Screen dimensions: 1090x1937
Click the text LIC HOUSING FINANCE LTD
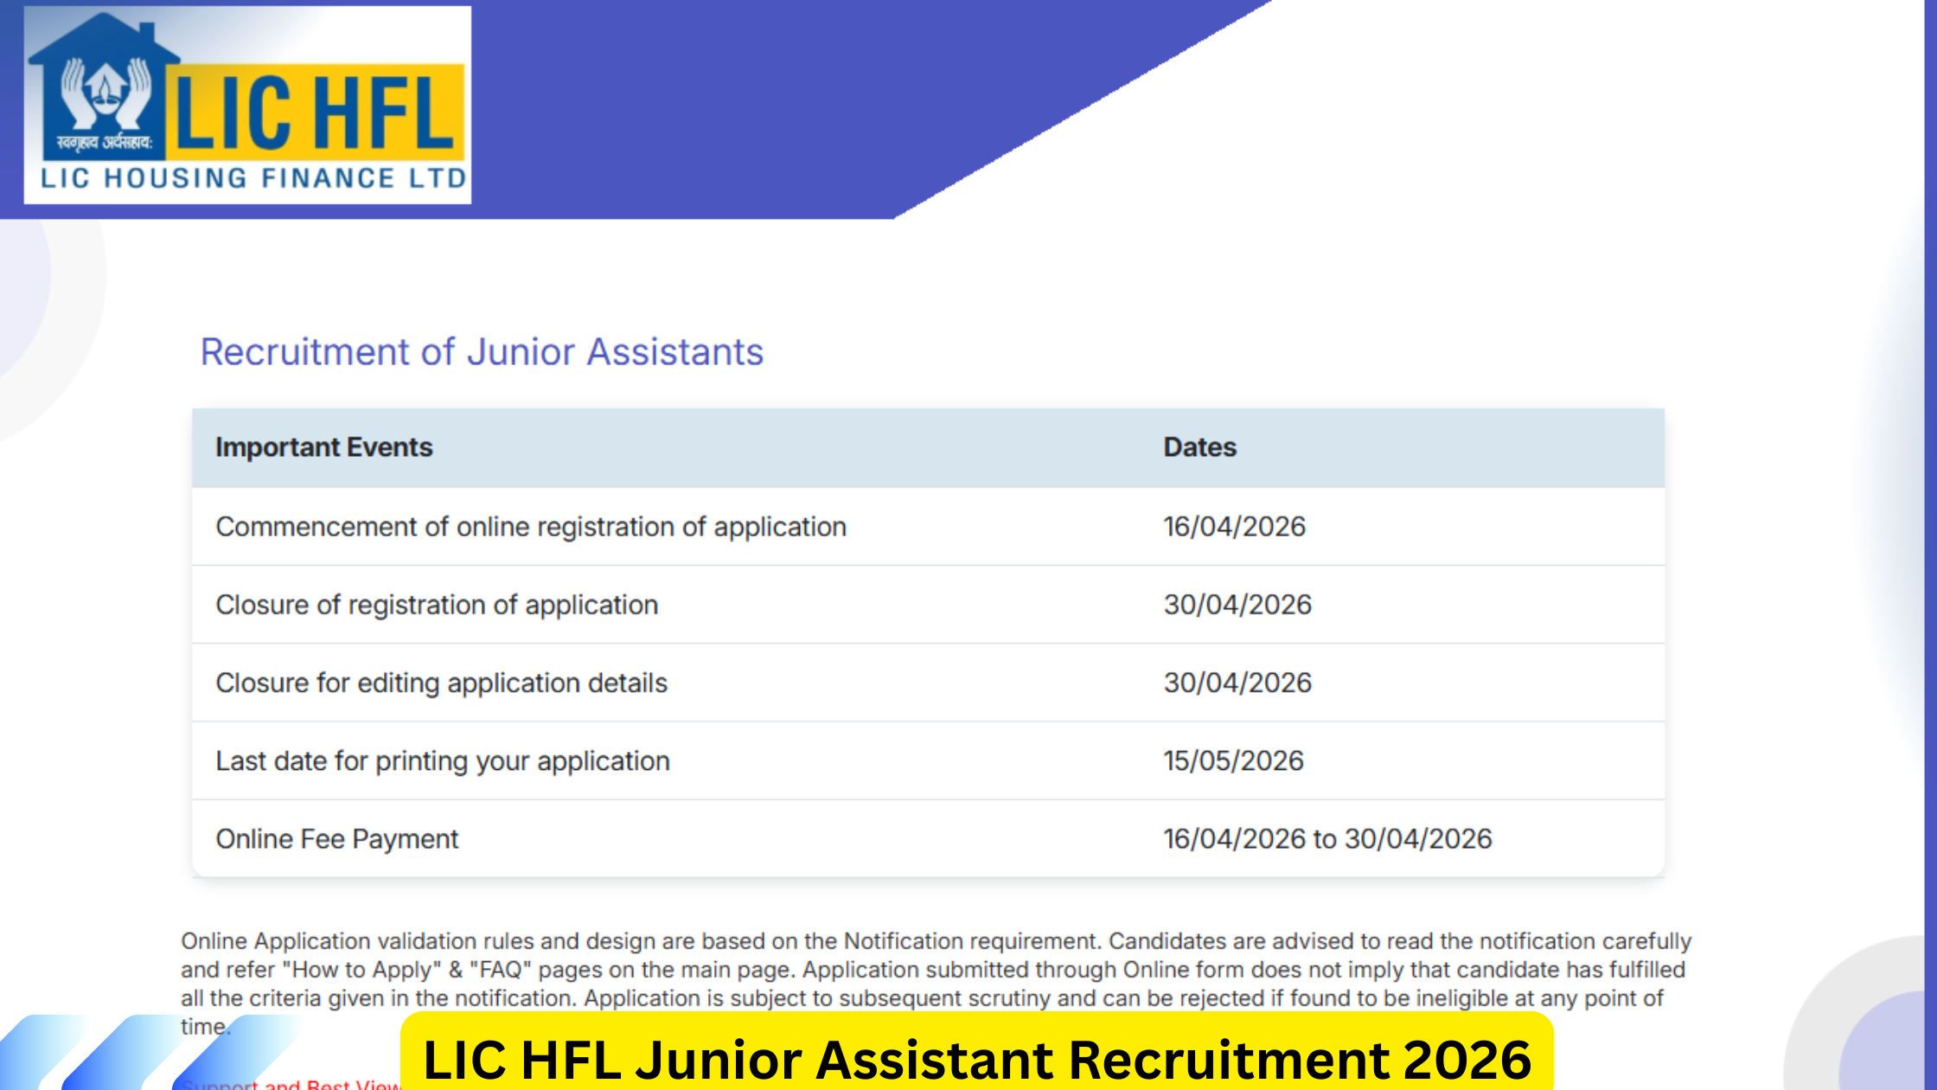[253, 178]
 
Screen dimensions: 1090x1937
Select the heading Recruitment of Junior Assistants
[482, 352]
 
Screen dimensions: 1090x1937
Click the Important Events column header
[323, 447]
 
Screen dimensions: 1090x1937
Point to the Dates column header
[1199, 447]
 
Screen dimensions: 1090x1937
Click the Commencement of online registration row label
[530, 527]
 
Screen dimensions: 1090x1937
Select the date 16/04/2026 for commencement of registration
[1234, 527]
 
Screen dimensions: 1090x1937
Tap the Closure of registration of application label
[437, 605]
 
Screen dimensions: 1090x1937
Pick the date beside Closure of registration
[1237, 605]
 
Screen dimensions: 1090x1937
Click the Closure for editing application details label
[441, 683]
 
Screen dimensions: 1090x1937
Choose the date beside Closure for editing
[1237, 683]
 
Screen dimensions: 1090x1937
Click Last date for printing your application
[442, 760]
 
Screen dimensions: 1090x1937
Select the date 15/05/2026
[1233, 760]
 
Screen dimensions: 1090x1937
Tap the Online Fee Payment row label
[336, 838]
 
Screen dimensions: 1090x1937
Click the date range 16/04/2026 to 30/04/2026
[1327, 838]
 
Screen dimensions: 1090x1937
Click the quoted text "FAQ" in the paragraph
[499, 970]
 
